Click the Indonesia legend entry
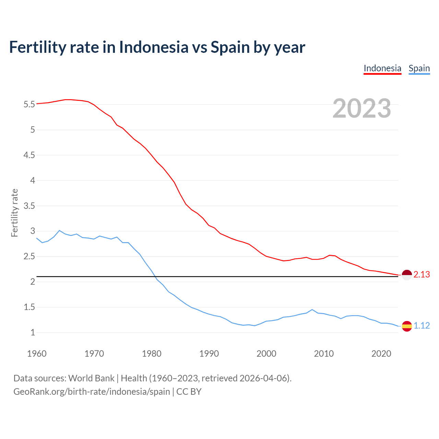(x=382, y=68)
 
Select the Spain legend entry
(x=419, y=68)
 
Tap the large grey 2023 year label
(x=361, y=108)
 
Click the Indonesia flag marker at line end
(x=406, y=275)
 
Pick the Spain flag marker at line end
(x=406, y=326)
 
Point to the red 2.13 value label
(x=422, y=275)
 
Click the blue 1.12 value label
(x=422, y=326)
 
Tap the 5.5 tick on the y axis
(x=29, y=104)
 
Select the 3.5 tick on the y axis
(x=29, y=206)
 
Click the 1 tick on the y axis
(x=33, y=332)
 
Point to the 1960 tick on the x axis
(x=37, y=354)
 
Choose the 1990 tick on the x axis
(x=209, y=354)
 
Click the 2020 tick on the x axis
(x=381, y=354)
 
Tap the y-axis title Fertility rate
(x=14, y=213)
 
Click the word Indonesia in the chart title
(x=154, y=47)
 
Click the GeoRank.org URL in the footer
(x=92, y=392)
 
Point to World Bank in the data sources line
(x=91, y=378)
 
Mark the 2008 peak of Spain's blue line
(x=312, y=309)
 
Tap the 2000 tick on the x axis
(x=266, y=354)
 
